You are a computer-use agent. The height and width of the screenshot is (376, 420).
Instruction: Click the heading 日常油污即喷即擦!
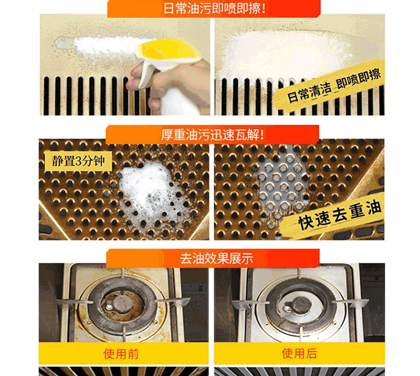[215, 8]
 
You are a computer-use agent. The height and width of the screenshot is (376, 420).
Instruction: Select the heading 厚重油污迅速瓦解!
[213, 135]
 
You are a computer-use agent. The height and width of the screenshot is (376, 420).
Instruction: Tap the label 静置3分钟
[78, 161]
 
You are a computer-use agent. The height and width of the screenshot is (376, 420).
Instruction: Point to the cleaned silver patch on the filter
[280, 185]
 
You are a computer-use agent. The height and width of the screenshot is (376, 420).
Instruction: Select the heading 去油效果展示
[216, 258]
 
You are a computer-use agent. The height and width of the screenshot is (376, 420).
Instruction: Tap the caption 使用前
[121, 354]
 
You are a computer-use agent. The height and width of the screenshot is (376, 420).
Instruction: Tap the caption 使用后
[299, 353]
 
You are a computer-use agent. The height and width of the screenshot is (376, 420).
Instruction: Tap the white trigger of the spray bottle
[146, 74]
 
